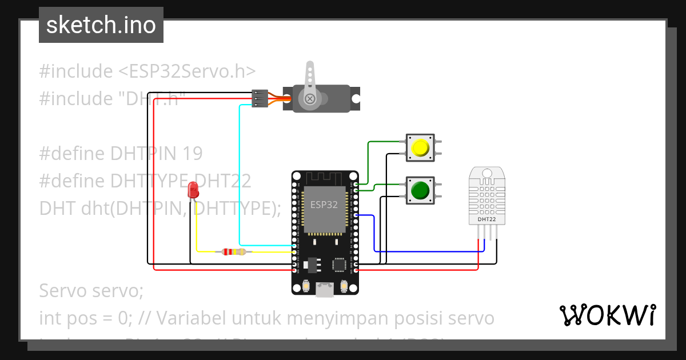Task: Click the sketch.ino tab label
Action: point(101,25)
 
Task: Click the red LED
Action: point(193,189)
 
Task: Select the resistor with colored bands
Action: point(233,251)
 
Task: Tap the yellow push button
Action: point(420,148)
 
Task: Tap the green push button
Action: point(420,190)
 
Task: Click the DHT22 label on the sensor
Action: point(486,219)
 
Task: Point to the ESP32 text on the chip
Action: point(324,204)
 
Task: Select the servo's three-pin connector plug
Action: point(260,98)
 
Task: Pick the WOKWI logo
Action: point(607,315)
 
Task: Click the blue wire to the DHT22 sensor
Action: point(374,234)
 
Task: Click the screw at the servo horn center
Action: point(310,98)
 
